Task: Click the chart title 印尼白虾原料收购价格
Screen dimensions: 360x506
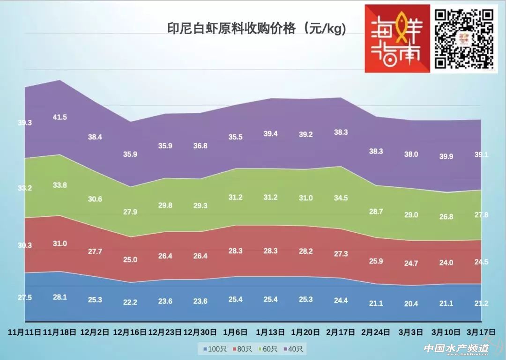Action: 257,29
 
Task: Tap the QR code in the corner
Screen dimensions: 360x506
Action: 464,38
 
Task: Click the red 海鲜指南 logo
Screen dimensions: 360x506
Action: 397,38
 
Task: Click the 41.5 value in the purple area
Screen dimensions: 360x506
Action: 60,117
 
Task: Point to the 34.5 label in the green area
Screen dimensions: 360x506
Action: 341,198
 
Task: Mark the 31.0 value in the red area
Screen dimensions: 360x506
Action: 60,243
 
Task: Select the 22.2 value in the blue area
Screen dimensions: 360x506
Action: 130,302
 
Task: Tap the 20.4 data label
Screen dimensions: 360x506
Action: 411,303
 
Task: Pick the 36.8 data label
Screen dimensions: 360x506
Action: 200,146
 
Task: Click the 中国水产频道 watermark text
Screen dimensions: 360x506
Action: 456,349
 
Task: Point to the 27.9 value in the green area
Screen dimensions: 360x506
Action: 130,212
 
